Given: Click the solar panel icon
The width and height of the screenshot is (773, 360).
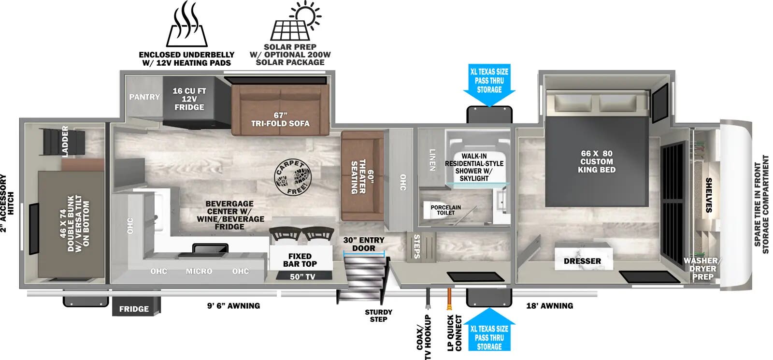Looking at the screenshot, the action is pyautogui.click(x=296, y=21).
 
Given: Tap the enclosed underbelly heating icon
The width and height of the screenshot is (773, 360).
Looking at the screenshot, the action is pyautogui.click(x=186, y=24).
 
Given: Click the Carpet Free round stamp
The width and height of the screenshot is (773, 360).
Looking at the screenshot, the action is pyautogui.click(x=293, y=177).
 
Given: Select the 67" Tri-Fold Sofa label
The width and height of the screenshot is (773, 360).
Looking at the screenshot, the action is pyautogui.click(x=280, y=119).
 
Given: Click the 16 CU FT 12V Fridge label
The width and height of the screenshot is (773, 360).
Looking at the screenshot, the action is pyautogui.click(x=189, y=99).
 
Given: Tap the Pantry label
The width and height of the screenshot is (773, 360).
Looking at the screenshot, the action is pyautogui.click(x=144, y=97).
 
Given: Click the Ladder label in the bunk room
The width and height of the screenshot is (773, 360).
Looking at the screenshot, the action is pyautogui.click(x=65, y=142).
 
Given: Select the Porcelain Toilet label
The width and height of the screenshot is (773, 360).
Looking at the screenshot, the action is pyautogui.click(x=445, y=210).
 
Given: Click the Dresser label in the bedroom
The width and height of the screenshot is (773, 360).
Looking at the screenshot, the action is pyautogui.click(x=583, y=261).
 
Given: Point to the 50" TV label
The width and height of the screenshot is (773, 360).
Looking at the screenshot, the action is pyautogui.click(x=302, y=276).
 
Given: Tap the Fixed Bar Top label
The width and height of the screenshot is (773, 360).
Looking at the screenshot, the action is pyautogui.click(x=300, y=260).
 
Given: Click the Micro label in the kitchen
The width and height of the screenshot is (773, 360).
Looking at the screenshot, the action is pyautogui.click(x=199, y=271).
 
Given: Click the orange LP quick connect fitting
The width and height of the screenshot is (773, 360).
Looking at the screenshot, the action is pyautogui.click(x=450, y=299).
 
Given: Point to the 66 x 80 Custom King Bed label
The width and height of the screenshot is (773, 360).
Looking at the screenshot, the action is pyautogui.click(x=597, y=161).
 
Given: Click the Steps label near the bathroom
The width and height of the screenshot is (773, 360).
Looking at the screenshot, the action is pyautogui.click(x=417, y=246).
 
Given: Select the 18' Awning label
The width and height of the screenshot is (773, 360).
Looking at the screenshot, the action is pyautogui.click(x=549, y=306).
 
